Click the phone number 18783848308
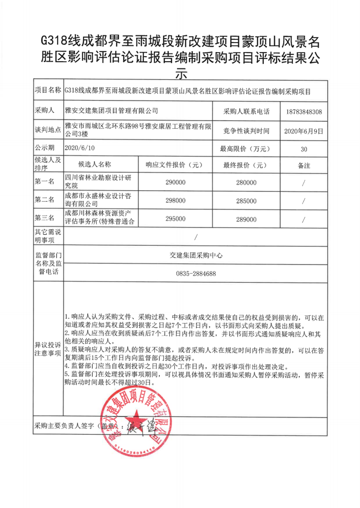tap(304, 111)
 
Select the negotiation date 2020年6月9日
tap(304, 131)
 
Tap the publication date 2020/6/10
tap(81, 147)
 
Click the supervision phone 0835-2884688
tap(194, 273)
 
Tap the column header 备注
tap(304, 165)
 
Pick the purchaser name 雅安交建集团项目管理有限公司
tap(112, 111)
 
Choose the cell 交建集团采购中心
tap(194, 255)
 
